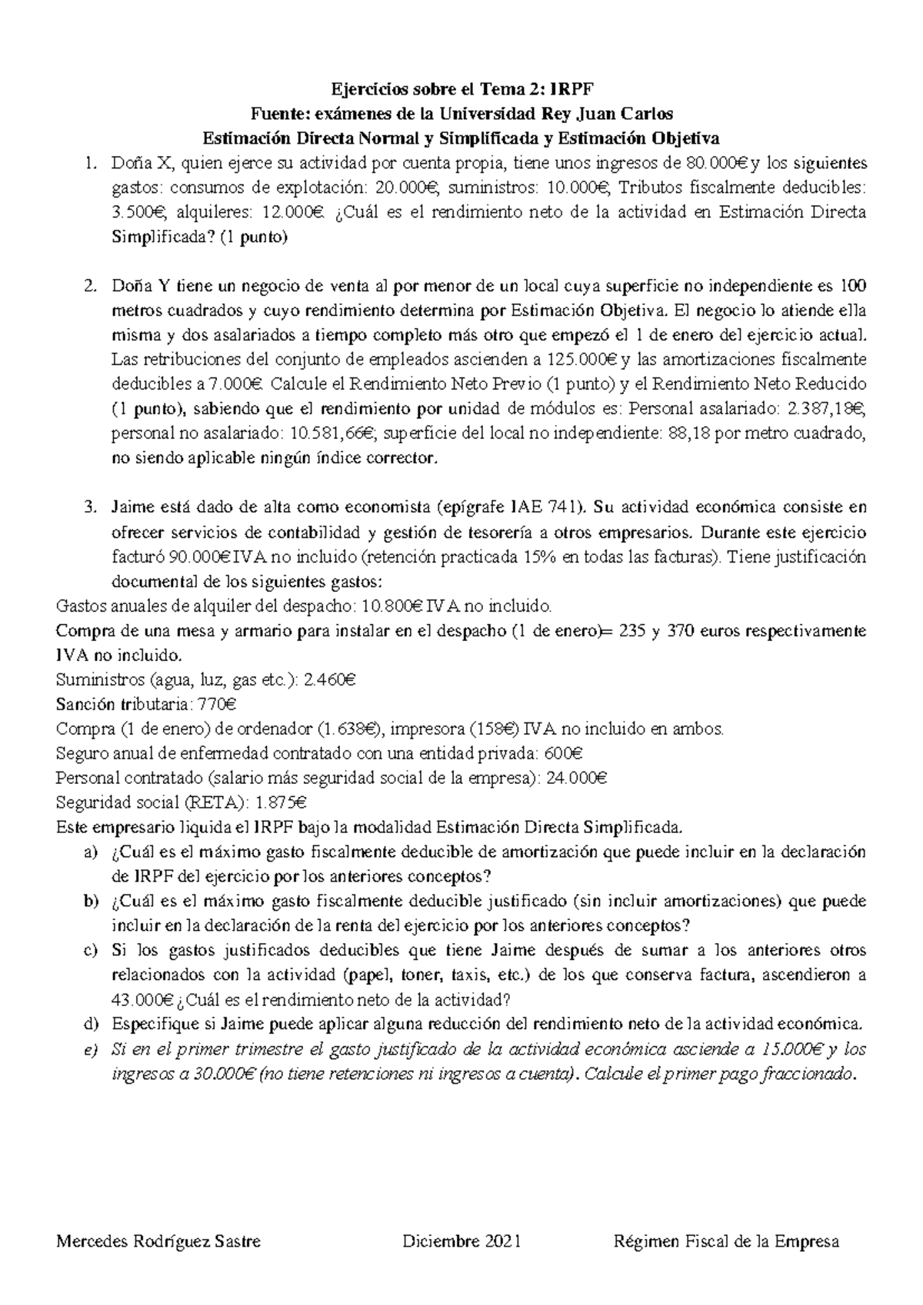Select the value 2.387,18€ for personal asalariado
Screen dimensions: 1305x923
[831, 409]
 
